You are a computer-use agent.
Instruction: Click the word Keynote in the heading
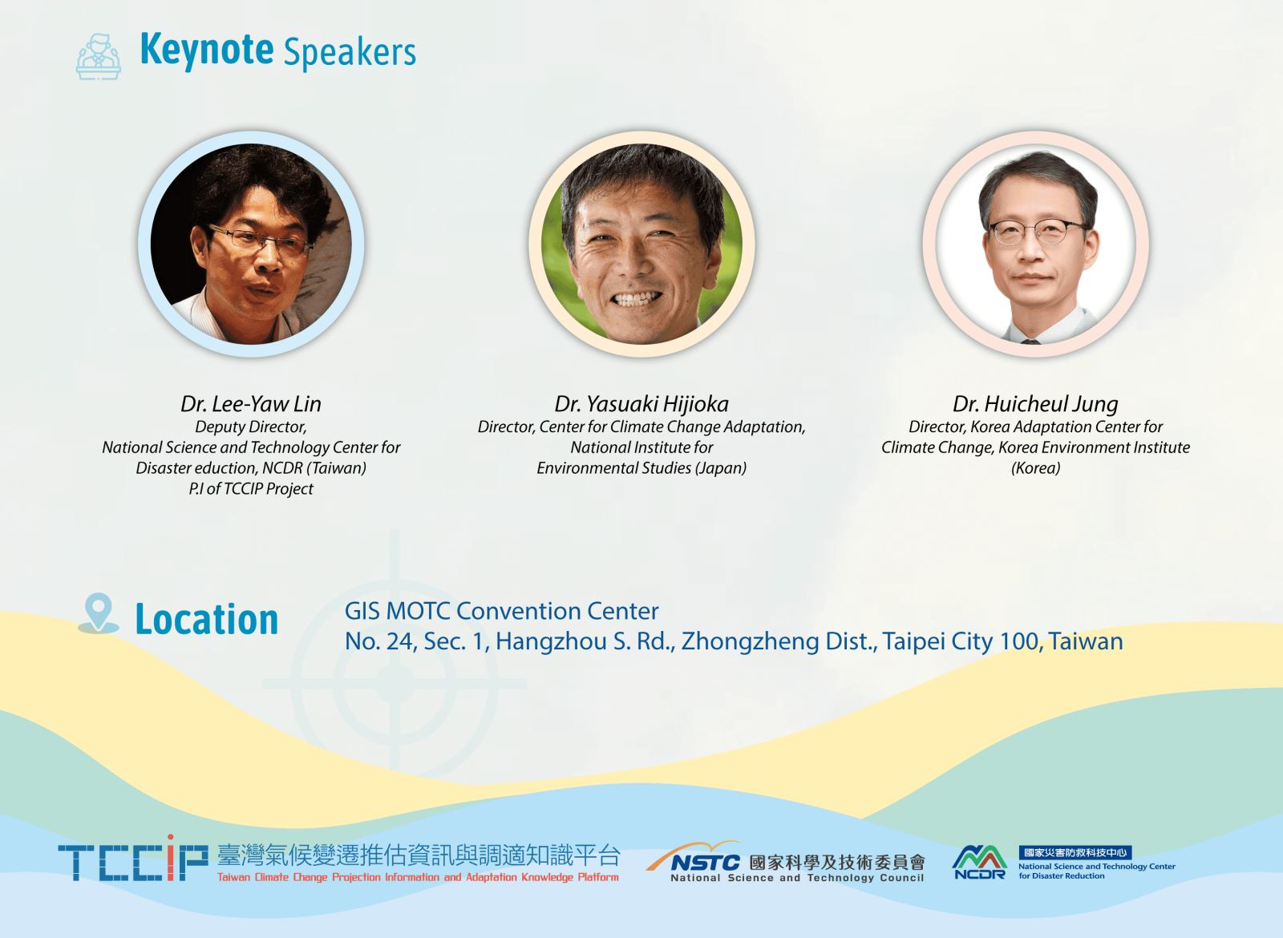tap(207, 51)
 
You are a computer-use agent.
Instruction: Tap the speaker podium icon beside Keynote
tap(99, 56)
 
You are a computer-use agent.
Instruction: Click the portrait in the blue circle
tap(251, 244)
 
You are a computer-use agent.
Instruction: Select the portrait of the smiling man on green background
tap(641, 244)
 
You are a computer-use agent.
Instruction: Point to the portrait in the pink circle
tap(1035, 244)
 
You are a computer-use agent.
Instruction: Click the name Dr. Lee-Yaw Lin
tap(251, 404)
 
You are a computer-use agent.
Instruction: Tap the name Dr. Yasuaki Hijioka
tap(641, 404)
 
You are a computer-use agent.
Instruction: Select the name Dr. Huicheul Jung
tap(1035, 404)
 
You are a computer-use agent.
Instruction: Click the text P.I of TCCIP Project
tap(251, 488)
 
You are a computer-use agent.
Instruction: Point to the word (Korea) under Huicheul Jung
tap(1035, 468)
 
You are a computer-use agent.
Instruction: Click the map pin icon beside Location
tap(99, 613)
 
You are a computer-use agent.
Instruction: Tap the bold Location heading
tap(207, 619)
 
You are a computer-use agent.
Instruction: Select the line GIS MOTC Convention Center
tap(501, 611)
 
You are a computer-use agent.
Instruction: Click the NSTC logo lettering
tap(705, 863)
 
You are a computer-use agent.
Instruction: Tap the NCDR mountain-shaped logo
tap(979, 862)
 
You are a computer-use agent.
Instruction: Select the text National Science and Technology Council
tap(797, 877)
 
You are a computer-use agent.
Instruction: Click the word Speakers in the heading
tap(350, 52)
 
